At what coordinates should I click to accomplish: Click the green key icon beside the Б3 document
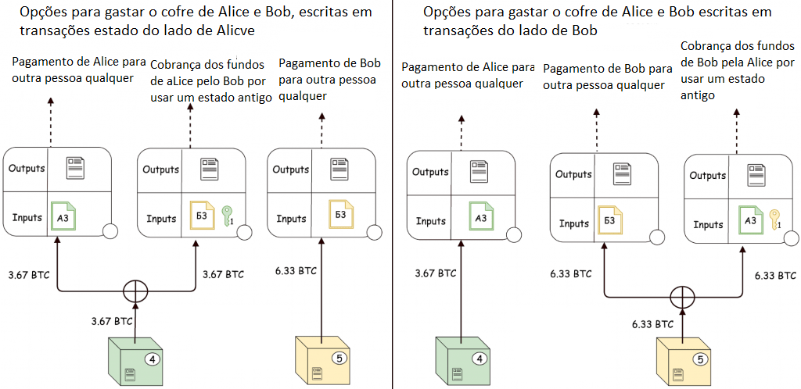[x=228, y=216]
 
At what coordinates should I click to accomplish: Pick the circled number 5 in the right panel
[x=701, y=360]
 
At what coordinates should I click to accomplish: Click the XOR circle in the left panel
[x=136, y=292]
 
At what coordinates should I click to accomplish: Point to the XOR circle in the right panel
[x=683, y=298]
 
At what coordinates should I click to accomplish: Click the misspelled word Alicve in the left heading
[x=234, y=29]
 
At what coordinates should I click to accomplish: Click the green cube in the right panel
[x=463, y=361]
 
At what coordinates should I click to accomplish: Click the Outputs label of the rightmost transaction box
[x=707, y=176]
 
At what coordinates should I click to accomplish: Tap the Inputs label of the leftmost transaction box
[x=27, y=217]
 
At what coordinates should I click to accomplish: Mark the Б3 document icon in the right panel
[x=610, y=221]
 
